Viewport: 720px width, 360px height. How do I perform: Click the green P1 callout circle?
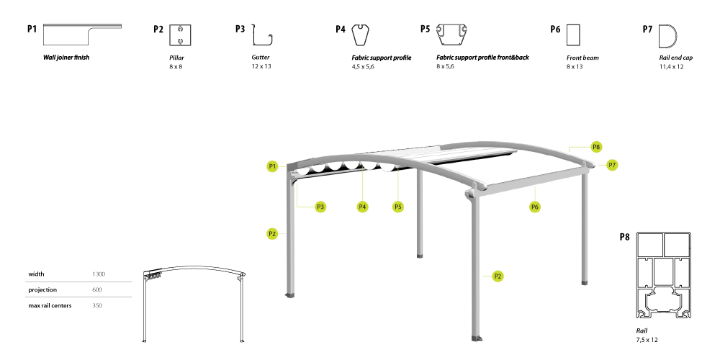(x=272, y=166)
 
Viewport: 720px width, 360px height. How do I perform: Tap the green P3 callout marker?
(x=320, y=207)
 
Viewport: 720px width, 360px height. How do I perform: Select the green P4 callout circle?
(x=362, y=207)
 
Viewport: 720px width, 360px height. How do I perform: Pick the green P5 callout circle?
(x=398, y=207)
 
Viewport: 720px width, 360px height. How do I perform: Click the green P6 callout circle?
(x=535, y=207)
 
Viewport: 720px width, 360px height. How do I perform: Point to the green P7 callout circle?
(x=612, y=165)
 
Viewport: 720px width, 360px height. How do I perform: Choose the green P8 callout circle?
(x=596, y=147)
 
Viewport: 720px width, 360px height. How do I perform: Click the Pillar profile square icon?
(x=180, y=35)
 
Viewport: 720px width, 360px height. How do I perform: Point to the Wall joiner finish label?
(x=66, y=58)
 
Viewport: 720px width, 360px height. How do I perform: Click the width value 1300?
(x=99, y=274)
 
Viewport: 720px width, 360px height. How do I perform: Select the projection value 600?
(x=97, y=289)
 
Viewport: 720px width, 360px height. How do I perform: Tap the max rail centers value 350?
(x=97, y=305)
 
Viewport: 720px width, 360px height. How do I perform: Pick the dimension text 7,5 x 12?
(x=647, y=340)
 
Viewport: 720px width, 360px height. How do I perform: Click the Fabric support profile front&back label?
(x=482, y=58)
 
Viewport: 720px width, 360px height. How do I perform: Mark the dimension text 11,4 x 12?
(x=671, y=66)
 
